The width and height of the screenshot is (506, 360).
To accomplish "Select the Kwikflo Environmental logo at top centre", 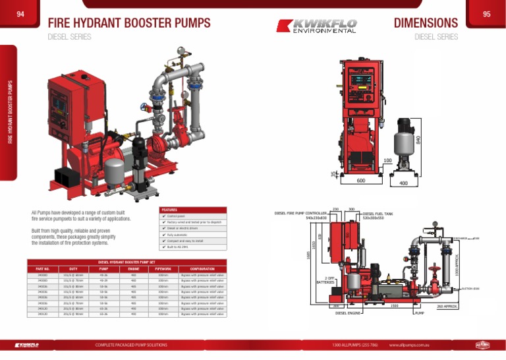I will click(317, 26).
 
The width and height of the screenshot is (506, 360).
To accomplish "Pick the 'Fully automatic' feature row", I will click(178, 234).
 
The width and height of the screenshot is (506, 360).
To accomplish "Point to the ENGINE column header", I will click(133, 269).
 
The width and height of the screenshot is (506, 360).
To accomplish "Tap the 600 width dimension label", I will click(361, 180).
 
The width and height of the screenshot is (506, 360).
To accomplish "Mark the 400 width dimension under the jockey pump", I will click(404, 184).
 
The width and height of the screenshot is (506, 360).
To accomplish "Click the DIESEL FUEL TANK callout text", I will click(378, 214).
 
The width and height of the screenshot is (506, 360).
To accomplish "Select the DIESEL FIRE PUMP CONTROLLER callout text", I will click(300, 214).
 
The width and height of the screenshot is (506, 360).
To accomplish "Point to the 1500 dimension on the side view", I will click(393, 306).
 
